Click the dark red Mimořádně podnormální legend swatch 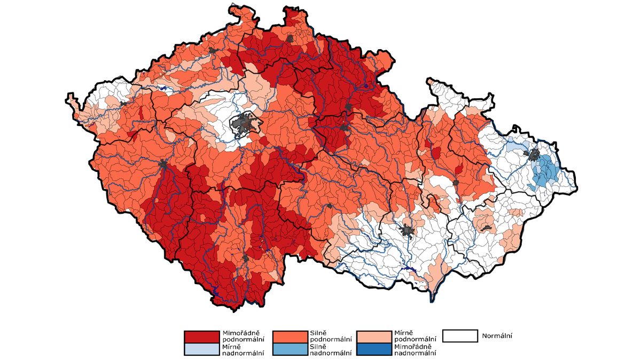coord(201,337)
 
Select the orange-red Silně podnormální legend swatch coord(290,337)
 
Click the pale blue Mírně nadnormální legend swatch coord(201,349)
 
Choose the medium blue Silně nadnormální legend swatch coord(290,349)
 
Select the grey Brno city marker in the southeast coord(408,231)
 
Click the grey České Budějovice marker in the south coord(245,259)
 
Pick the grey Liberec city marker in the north coord(290,38)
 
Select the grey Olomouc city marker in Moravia coord(456,183)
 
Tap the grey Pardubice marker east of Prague coord(345,128)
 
